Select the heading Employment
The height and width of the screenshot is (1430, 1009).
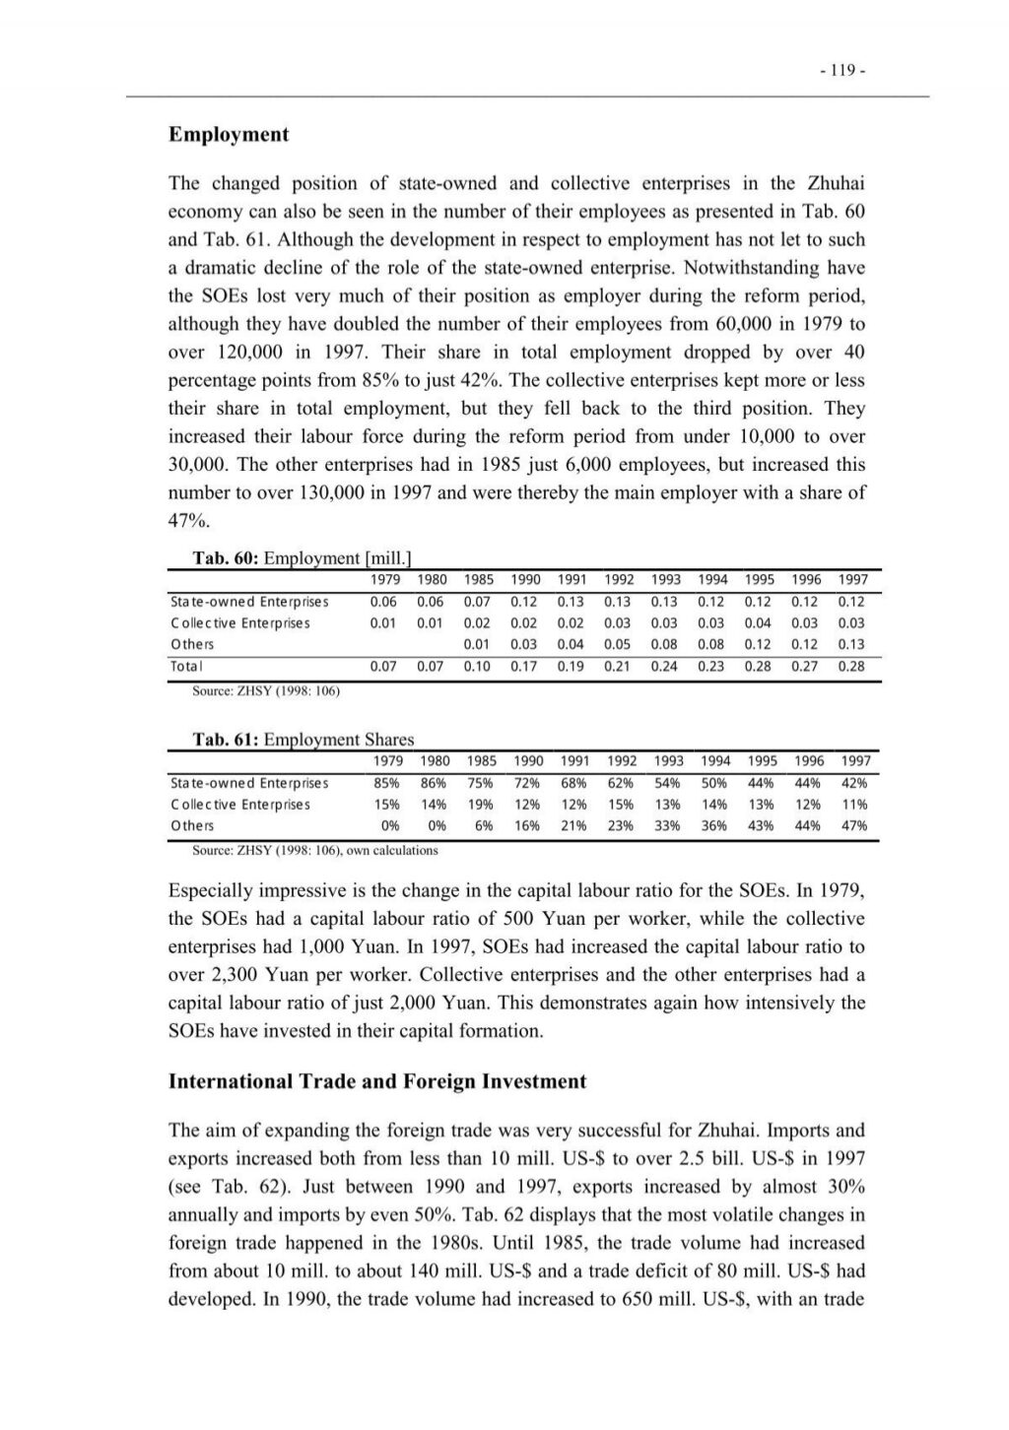pos(229,135)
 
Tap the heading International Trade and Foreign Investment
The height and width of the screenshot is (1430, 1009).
pos(377,1081)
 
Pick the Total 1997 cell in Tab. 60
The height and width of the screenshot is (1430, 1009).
pos(851,667)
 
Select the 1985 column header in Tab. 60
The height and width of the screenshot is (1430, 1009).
pos(479,580)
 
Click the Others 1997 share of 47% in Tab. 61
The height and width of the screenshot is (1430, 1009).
pos(854,826)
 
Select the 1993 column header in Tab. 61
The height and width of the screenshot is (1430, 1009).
pos(669,760)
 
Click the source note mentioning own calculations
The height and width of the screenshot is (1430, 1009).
pos(314,850)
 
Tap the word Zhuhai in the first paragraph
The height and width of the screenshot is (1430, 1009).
pos(837,183)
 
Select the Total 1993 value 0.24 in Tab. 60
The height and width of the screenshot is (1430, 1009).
pos(665,667)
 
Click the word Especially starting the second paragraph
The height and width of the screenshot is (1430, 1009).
pos(219,890)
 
